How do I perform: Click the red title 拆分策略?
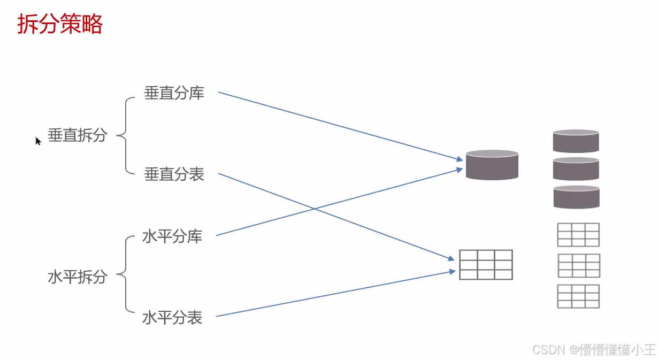point(59,24)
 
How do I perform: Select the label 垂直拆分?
point(78,135)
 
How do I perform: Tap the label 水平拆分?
point(78,277)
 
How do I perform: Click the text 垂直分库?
point(174,93)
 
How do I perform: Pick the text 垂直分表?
point(174,174)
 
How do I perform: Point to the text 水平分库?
point(172,236)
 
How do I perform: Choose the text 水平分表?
point(172,317)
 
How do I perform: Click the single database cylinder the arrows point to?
point(492,165)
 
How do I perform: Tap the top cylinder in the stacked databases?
point(576,141)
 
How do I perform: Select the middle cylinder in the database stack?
point(576,168)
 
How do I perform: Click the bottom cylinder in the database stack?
point(576,197)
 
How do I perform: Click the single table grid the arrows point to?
point(486,264)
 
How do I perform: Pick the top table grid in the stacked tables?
point(578,235)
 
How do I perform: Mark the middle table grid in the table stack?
point(579,265)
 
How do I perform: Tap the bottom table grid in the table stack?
point(578,296)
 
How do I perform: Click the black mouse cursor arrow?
point(38,141)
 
